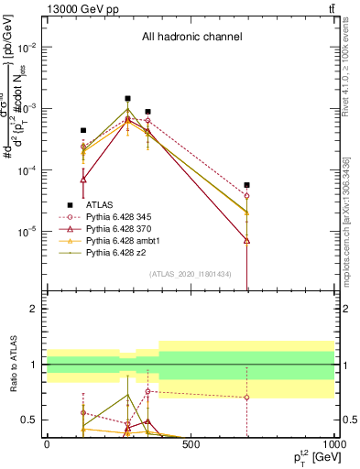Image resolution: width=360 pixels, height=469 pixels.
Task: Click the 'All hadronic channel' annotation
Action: [191, 38]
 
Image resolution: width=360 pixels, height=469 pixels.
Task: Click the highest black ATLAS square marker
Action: [128, 98]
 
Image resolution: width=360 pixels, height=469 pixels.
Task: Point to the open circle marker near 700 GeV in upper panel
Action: [246, 196]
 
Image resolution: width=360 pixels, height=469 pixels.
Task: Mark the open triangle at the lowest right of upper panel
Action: [246, 240]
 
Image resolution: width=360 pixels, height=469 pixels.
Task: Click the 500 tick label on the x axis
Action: [190, 443]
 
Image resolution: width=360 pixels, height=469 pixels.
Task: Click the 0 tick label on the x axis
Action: [46, 443]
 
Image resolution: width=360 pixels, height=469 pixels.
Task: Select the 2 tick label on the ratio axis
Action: [34, 309]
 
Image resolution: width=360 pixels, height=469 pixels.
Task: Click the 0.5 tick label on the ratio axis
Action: [30, 420]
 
